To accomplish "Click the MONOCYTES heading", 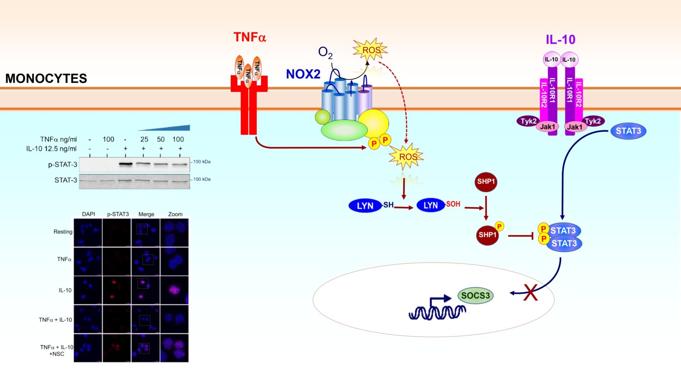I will pyautogui.click(x=46, y=78).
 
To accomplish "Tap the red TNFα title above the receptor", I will pyautogui.click(x=250, y=37).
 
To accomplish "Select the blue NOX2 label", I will pyautogui.click(x=303, y=74).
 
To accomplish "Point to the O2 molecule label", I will pyautogui.click(x=325, y=53).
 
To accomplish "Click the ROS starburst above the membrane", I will pyautogui.click(x=371, y=50).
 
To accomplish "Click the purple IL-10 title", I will pyautogui.click(x=560, y=39).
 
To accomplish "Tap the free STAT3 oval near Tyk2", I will pyautogui.click(x=628, y=131).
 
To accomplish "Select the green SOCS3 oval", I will pyautogui.click(x=475, y=296).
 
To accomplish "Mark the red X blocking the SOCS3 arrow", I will pyautogui.click(x=530, y=293).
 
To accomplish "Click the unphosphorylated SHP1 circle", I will pyautogui.click(x=486, y=182).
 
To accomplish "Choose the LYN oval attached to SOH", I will pyautogui.click(x=430, y=205).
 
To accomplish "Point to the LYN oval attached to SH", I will pyautogui.click(x=365, y=206).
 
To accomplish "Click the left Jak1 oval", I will pyautogui.click(x=547, y=127).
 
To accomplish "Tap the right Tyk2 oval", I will pyautogui.click(x=593, y=121).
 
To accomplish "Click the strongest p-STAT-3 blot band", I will pyautogui.click(x=126, y=164).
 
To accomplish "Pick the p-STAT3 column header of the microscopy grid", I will pyautogui.click(x=117, y=214).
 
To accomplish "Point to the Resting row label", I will pyautogui.click(x=63, y=232).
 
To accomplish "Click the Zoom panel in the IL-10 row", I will pyautogui.click(x=175, y=290).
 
